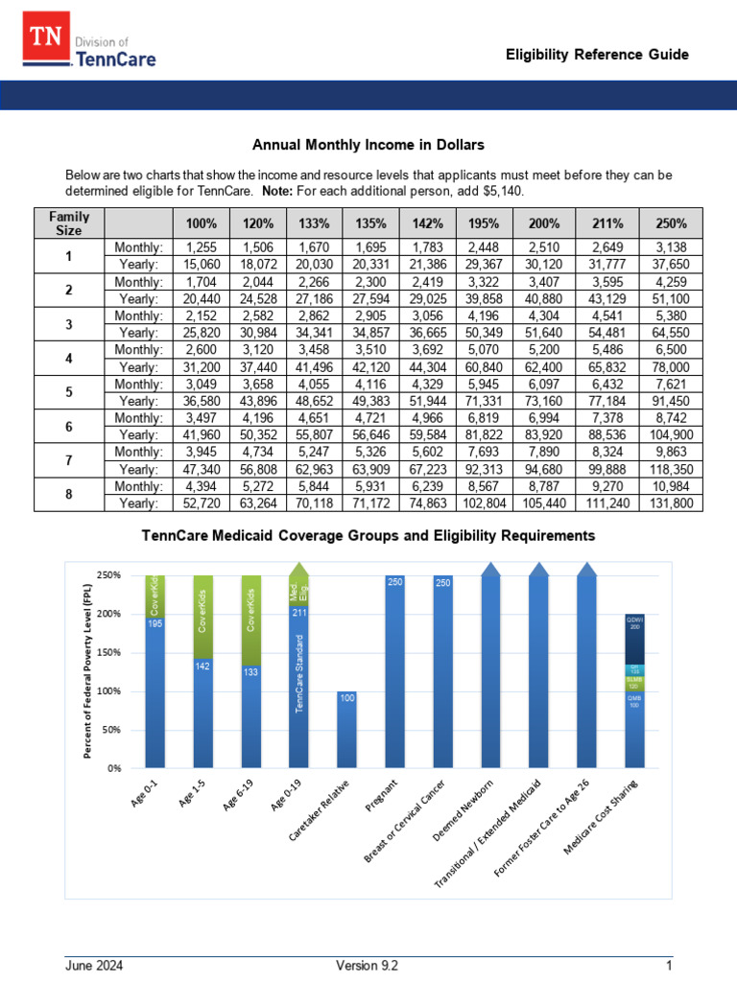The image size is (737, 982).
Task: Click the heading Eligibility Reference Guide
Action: [597, 55]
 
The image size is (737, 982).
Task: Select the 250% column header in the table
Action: [671, 222]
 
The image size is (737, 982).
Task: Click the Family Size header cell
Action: [68, 222]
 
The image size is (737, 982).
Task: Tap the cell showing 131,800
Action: [671, 503]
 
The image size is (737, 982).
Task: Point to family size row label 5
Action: [68, 392]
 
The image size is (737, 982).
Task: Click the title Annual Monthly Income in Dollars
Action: [368, 145]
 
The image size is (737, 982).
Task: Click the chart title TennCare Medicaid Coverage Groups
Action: [368, 535]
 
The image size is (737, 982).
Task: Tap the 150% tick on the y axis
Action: [107, 652]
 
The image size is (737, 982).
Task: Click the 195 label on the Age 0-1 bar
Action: [155, 623]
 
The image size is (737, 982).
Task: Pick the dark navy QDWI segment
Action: [634, 637]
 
